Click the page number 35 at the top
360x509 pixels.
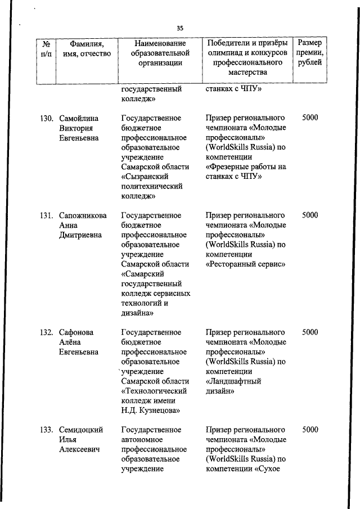tap(180, 28)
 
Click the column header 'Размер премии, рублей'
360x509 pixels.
tap(310, 53)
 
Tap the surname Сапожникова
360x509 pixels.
tap(84, 215)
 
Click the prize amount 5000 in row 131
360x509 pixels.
tap(309, 215)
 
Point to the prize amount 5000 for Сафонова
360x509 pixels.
tap(309, 332)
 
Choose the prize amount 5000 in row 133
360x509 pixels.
tap(309, 430)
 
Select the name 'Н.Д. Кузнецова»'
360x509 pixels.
tap(150, 411)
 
